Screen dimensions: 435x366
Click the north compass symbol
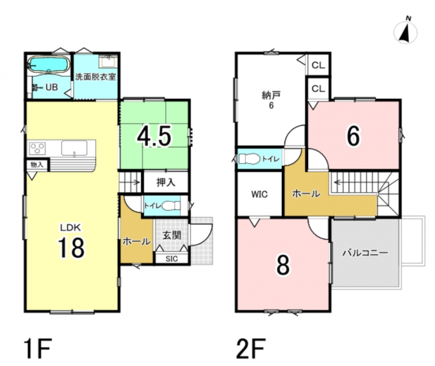click(x=405, y=31)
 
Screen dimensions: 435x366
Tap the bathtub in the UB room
click(x=49, y=64)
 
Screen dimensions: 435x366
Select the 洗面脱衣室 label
click(x=95, y=77)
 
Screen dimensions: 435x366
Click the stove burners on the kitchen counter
click(x=38, y=148)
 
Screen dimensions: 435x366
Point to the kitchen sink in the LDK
click(x=74, y=148)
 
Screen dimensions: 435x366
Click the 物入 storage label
click(x=37, y=164)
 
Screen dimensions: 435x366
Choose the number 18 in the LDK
click(x=71, y=247)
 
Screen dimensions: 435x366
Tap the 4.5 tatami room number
click(x=154, y=136)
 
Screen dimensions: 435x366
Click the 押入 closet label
click(x=166, y=182)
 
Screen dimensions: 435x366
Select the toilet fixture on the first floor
click(x=171, y=206)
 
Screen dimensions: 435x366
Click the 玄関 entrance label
click(x=172, y=236)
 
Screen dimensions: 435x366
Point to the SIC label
click(x=172, y=259)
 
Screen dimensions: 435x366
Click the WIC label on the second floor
click(x=259, y=194)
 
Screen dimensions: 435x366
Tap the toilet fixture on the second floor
click(x=249, y=159)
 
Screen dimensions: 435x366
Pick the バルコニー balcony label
click(x=365, y=253)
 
